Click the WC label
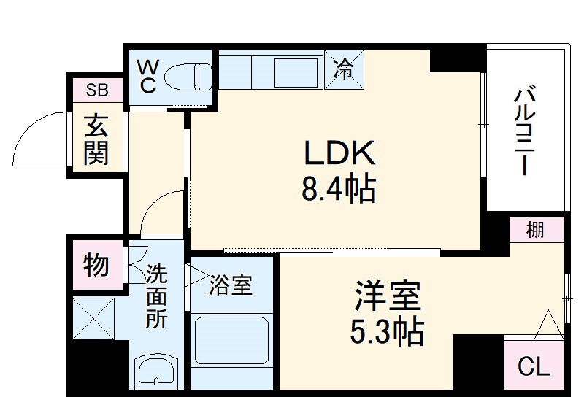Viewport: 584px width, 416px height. click(x=148, y=75)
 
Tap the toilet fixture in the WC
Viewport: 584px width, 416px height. click(x=186, y=76)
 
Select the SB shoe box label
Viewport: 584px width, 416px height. click(x=96, y=90)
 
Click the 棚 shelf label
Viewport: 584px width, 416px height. click(x=536, y=231)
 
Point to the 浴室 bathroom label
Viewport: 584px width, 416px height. click(x=231, y=285)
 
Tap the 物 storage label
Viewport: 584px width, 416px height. click(x=96, y=265)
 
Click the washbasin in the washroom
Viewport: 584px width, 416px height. click(x=156, y=371)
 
